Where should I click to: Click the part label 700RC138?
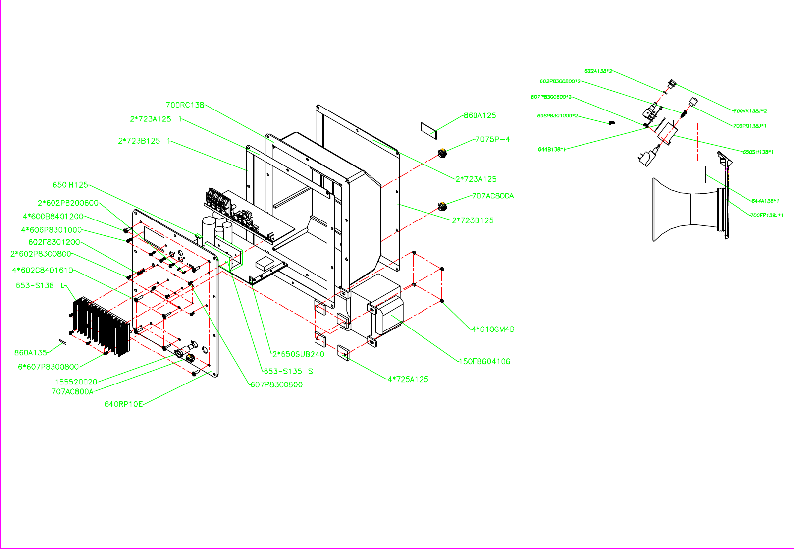[185, 105]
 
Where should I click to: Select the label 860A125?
[479, 115]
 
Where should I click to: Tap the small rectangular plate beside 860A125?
[428, 129]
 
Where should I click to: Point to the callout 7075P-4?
[492, 139]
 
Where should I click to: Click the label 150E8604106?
[484, 361]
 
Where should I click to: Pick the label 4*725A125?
[408, 379]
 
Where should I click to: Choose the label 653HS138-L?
[40, 285]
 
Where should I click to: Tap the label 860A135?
[30, 353]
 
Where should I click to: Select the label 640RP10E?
[123, 404]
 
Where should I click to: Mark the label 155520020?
[76, 382]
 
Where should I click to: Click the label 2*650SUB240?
[298, 354]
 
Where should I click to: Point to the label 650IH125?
[70, 185]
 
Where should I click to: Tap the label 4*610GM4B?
[492, 329]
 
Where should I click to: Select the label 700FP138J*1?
[766, 215]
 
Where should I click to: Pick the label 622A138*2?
[598, 71]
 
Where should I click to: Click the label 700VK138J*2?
[750, 111]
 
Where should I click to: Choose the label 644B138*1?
[552, 149]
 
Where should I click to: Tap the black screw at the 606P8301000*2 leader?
[612, 122]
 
